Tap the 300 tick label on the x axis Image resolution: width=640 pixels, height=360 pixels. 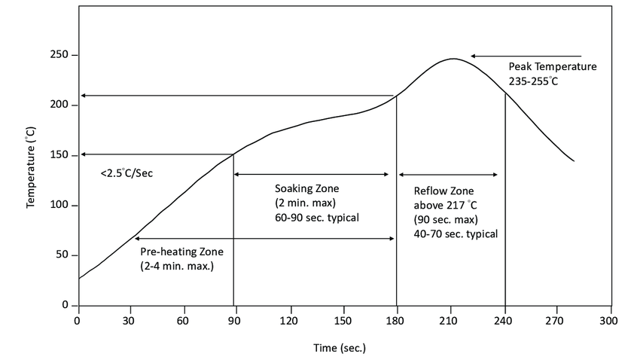click(611, 320)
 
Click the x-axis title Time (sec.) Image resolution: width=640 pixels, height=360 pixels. click(340, 348)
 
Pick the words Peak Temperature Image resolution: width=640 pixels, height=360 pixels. click(552, 66)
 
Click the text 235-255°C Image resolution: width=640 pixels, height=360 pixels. click(534, 81)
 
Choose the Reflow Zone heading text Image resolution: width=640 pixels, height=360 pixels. click(443, 190)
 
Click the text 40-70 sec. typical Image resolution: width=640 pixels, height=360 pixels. click(456, 233)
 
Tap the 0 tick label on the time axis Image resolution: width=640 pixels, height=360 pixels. click(77, 320)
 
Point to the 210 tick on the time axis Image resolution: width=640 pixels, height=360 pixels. click(451, 320)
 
